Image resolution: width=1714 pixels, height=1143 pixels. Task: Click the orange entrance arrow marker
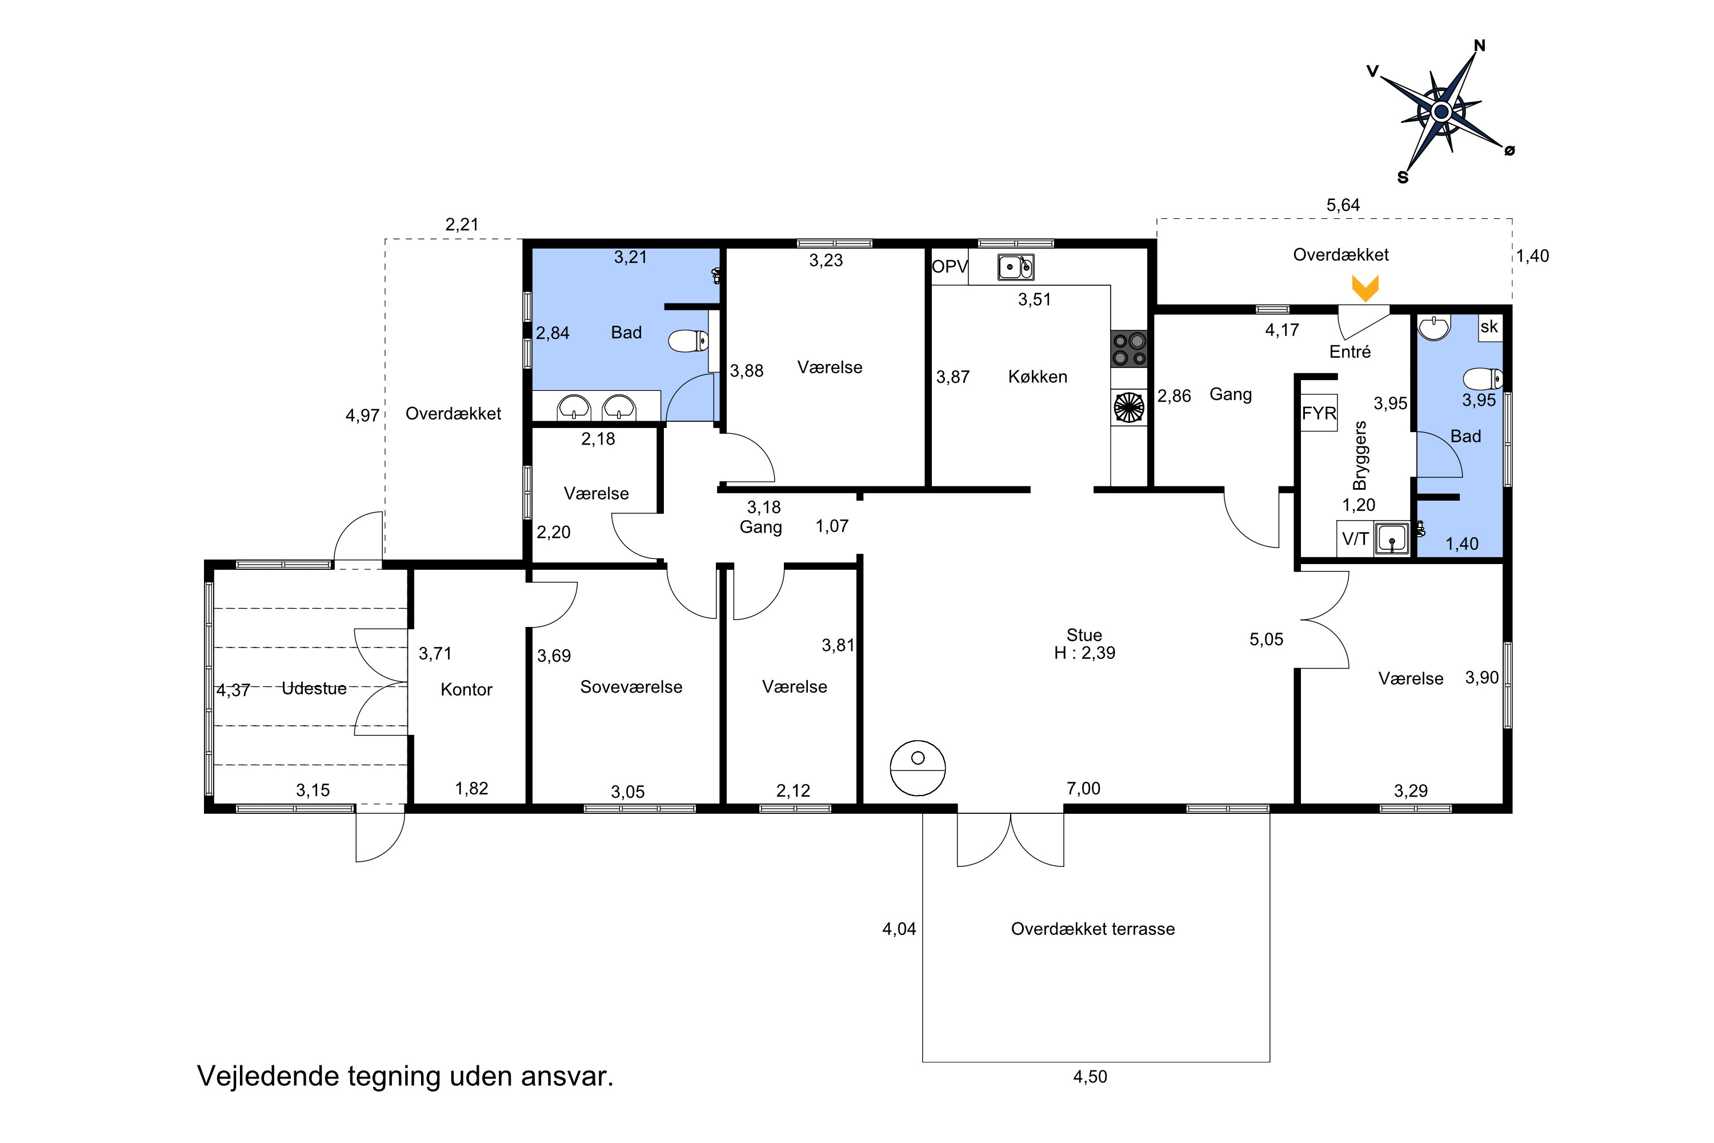coord(1365,288)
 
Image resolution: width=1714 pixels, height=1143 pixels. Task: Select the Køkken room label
coord(1038,377)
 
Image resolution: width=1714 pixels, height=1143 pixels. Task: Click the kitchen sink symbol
coord(1015,267)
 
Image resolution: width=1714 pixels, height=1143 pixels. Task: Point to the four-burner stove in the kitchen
coord(1129,349)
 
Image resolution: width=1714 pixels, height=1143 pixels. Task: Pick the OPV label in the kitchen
coord(950,267)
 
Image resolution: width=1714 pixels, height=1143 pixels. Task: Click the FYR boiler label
coord(1319,413)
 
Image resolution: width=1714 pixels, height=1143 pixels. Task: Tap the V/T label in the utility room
coord(1355,539)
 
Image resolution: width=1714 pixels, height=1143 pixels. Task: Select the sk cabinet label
coord(1489,326)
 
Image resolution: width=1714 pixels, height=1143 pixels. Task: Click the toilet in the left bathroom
coord(688,341)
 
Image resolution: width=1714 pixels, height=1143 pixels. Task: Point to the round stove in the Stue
coord(918,768)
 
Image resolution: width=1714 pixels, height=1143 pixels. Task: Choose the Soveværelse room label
coord(631,687)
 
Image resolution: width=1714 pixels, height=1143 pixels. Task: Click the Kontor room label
coord(466,690)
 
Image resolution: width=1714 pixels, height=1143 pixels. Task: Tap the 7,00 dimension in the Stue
coord(1084,788)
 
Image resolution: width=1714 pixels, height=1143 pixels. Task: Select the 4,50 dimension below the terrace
coord(1090,1077)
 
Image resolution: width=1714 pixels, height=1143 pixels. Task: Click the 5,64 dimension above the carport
coord(1343,205)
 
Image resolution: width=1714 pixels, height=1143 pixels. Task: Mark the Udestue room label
coord(314,688)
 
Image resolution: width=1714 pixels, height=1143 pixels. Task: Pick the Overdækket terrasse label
coord(1093,929)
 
